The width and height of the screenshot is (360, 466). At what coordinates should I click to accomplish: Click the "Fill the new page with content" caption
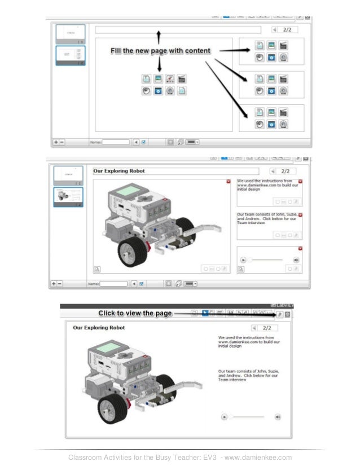(x=160, y=51)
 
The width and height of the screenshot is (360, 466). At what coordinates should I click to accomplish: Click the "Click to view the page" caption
(x=135, y=313)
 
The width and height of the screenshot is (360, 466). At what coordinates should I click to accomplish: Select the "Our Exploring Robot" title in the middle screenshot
(x=119, y=171)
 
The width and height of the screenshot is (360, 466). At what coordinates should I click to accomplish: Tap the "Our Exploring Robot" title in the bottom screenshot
(x=99, y=327)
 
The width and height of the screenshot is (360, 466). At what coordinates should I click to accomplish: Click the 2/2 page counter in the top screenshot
(x=287, y=29)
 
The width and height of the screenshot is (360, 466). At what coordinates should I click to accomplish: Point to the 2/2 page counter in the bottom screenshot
(x=267, y=328)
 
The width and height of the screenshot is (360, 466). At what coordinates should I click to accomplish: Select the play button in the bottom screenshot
(x=224, y=417)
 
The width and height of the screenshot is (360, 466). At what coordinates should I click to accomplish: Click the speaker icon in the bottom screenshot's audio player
(x=278, y=417)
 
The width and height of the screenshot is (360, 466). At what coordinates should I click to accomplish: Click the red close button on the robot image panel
(x=228, y=182)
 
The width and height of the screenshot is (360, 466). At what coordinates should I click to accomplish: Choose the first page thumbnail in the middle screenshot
(x=68, y=175)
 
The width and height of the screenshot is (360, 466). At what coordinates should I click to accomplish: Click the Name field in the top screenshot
(x=116, y=142)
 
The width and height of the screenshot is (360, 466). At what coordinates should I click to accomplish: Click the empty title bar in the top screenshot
(x=178, y=30)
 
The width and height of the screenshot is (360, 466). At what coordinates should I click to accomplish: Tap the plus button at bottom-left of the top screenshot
(x=55, y=142)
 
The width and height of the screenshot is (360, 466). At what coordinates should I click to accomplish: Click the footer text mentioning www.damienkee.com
(x=180, y=457)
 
